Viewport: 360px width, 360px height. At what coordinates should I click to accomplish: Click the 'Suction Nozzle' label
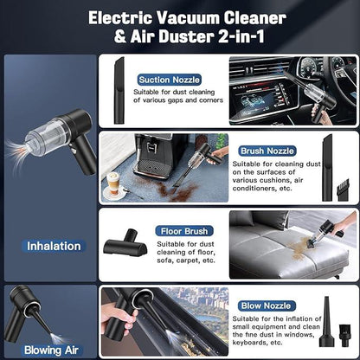174,80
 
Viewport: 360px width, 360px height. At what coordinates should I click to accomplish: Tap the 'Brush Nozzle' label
268,150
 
